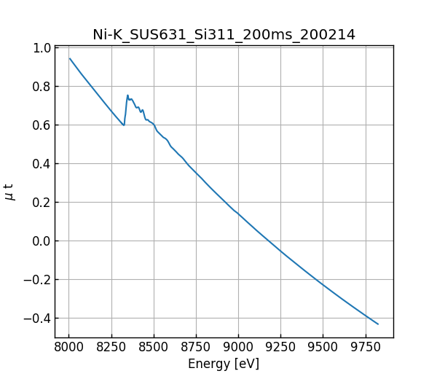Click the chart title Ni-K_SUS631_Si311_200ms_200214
[x=224, y=34]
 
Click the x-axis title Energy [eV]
[x=224, y=364]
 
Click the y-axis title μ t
[x=9, y=192]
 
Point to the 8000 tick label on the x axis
[x=68, y=347]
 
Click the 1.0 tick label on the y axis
[x=42, y=48]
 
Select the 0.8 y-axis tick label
[x=42, y=87]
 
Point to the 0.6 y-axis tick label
[x=42, y=125]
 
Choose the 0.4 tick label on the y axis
[x=42, y=164]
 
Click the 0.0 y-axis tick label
[x=42, y=241]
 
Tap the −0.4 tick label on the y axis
[x=37, y=319]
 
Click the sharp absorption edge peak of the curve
[x=127, y=95]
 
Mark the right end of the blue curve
[x=378, y=324]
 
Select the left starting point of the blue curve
[x=70, y=58]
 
